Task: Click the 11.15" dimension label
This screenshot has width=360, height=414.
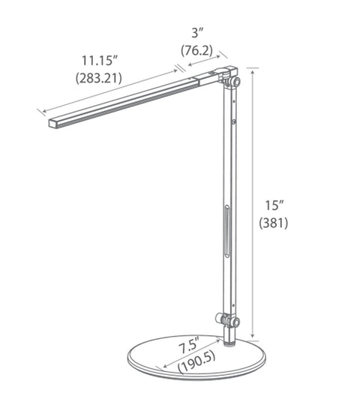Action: [x=100, y=59]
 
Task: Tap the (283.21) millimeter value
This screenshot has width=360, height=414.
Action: [x=100, y=76]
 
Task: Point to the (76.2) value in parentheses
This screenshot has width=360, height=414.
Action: [x=198, y=50]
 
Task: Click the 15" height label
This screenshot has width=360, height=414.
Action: [x=275, y=204]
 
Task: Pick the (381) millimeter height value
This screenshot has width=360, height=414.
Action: [x=275, y=223]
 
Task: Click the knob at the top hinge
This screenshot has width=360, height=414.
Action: [x=236, y=80]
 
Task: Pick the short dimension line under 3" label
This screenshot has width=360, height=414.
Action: [x=205, y=66]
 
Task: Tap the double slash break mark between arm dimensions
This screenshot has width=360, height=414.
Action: [x=184, y=70]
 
